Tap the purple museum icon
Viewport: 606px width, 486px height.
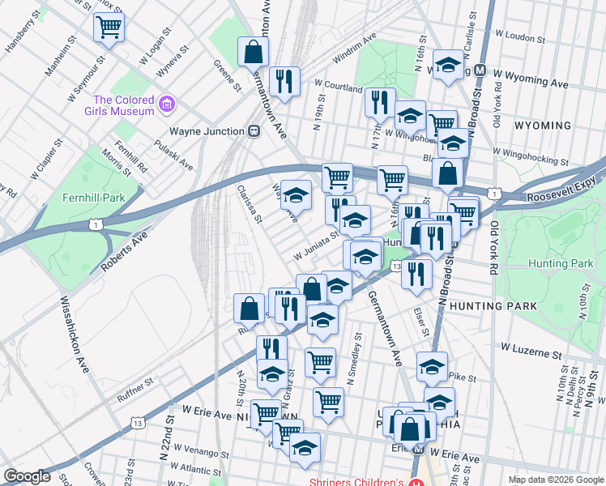(167, 104)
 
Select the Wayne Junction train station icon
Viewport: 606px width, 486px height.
(254, 131)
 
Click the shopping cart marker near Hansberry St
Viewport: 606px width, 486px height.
(109, 28)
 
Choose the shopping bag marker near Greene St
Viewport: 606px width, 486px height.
(253, 52)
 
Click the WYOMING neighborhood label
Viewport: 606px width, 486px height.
(542, 126)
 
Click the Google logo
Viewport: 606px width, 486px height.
(27, 476)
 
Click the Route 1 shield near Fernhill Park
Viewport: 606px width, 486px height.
(98, 224)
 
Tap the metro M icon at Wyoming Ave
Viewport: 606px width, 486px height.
(480, 70)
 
